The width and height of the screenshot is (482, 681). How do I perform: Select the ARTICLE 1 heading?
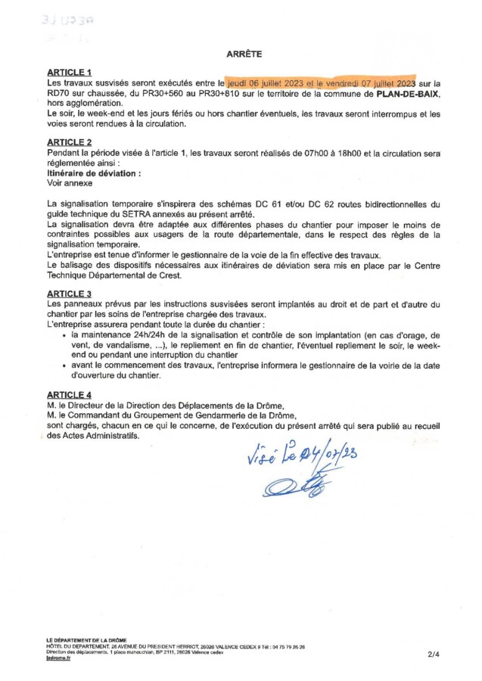point(69,72)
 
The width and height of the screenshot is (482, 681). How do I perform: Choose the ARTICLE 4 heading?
point(69,394)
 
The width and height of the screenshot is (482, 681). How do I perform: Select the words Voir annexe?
point(70,182)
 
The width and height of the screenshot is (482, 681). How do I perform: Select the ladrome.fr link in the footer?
point(58,660)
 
